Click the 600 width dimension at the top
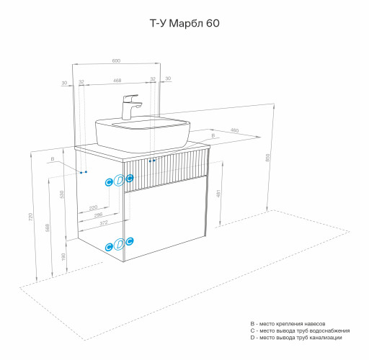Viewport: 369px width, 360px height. tap(117, 60)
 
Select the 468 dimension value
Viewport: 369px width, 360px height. tap(117, 80)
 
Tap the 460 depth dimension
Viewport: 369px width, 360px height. tap(234, 130)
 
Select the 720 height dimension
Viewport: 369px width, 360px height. tap(30, 217)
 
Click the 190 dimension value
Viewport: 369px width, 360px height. tap(62, 257)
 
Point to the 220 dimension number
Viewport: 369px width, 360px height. tap(93, 207)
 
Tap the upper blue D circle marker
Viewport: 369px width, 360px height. tap(119, 181)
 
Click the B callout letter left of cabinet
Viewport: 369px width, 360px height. tap(53, 158)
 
